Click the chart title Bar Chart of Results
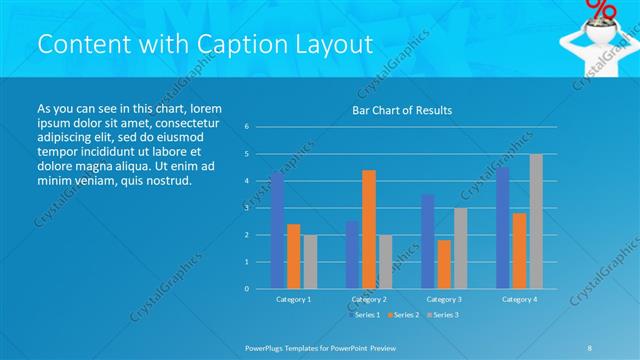click(401, 110)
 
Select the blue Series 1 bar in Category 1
click(277, 231)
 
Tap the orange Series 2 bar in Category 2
click(368, 229)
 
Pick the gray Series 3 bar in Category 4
click(535, 221)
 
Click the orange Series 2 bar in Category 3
click(444, 264)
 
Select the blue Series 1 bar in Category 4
click(502, 228)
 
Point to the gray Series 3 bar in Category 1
click(310, 261)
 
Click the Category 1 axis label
click(293, 299)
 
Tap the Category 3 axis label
click(443, 299)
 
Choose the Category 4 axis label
click(518, 299)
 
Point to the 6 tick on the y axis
click(247, 127)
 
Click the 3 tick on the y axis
click(247, 208)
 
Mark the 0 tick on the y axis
click(247, 289)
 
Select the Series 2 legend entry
click(404, 315)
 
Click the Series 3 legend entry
click(444, 315)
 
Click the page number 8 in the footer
click(590, 346)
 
